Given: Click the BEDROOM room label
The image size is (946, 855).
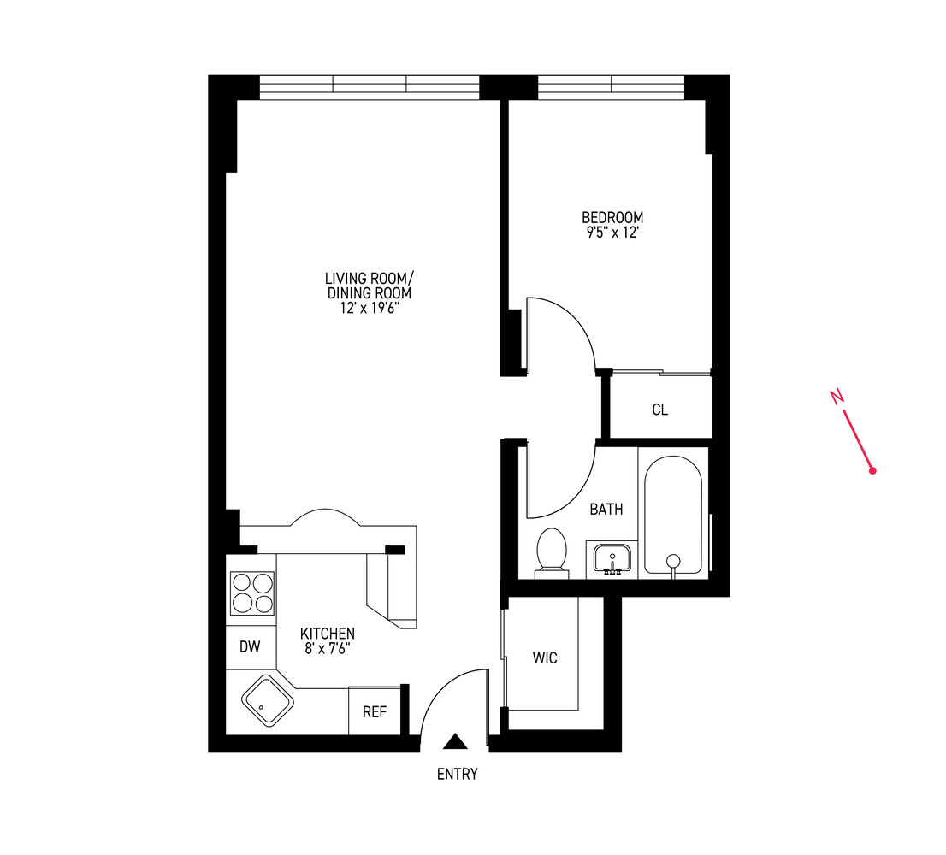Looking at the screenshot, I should tap(612, 217).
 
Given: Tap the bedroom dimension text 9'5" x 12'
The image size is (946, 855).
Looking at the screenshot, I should tap(612, 232).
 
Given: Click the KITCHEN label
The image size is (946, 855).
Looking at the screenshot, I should tap(327, 634).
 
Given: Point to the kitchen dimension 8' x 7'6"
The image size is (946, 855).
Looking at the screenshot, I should tap(327, 648).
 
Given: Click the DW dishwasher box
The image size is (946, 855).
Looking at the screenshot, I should tap(250, 647).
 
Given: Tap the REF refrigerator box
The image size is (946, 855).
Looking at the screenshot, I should tap(374, 711).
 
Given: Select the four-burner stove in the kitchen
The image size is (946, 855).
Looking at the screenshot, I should tap(252, 593).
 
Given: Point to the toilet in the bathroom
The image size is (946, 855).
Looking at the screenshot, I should tap(551, 551).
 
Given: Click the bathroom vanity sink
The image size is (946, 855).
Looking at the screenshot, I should tap(612, 559).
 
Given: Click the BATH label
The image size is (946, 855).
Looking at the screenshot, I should tap(606, 510).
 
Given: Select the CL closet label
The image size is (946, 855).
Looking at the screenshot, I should tap(659, 410).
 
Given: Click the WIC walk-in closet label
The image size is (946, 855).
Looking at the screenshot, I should tap(545, 657).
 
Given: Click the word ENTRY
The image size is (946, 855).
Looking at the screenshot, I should tap(458, 775).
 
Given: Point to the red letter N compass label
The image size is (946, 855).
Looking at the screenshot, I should tap(837, 396).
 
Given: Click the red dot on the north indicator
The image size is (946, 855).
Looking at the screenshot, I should tap(872, 470).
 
